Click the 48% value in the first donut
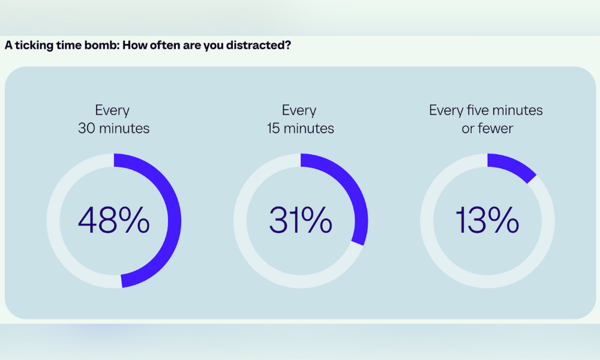coord(113,220)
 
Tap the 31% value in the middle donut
coord(301,220)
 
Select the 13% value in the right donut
coord(487,220)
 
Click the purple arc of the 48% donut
coord(174,221)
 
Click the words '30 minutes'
coord(113,128)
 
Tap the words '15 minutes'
coord(301,128)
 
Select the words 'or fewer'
coord(487,128)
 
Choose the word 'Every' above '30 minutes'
coord(112,110)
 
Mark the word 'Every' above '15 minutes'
coord(299,110)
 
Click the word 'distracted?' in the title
coord(258,45)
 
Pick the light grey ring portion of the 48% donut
coord(53,221)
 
